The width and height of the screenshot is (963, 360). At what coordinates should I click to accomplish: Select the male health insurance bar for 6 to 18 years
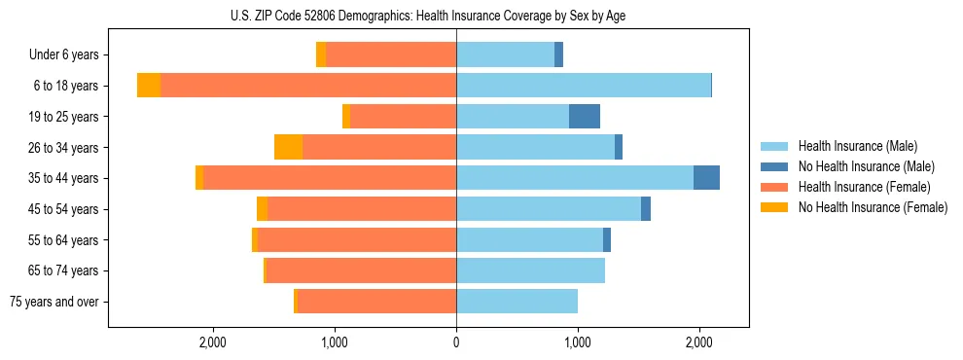(x=584, y=86)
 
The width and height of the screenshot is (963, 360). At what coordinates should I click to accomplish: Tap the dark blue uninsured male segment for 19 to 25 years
(x=585, y=117)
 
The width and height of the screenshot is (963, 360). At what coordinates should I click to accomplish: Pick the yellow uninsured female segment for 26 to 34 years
(x=288, y=147)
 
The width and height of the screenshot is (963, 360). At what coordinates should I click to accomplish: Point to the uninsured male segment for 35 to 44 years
(x=706, y=178)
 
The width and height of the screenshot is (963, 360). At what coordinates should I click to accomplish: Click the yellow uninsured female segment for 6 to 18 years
(x=149, y=86)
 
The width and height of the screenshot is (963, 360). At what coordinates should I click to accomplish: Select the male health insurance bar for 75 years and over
(x=517, y=302)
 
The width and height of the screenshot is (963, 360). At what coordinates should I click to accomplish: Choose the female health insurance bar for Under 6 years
(x=391, y=54)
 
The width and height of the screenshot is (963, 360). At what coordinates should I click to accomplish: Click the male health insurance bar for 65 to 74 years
(x=531, y=270)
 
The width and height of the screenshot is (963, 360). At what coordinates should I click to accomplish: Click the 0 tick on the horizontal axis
(x=456, y=342)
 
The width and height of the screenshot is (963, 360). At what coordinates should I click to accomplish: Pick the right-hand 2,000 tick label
(x=699, y=342)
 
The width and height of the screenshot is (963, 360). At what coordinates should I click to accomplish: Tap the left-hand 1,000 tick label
(x=335, y=342)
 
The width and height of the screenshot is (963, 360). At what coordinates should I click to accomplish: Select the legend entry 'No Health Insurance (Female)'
(x=873, y=207)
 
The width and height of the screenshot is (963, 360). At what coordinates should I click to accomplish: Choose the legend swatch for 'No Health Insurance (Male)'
(x=774, y=166)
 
